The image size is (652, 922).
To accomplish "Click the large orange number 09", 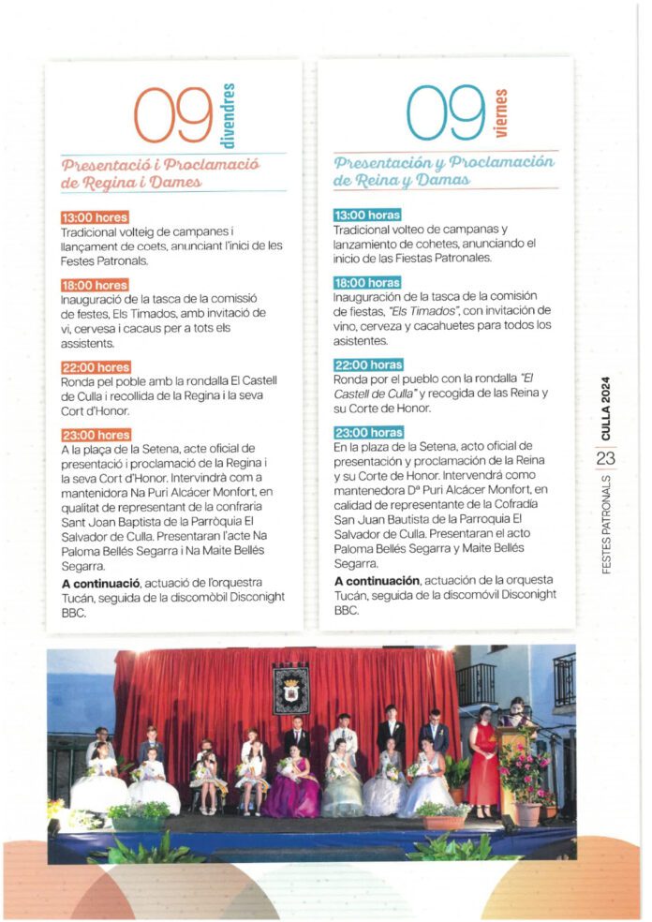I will pyautogui.click(x=173, y=114).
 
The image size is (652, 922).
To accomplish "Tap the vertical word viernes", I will pyautogui.click(x=500, y=113).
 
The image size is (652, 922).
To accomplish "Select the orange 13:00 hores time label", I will pyautogui.click(x=95, y=218).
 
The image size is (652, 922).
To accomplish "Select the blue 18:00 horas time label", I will pyautogui.click(x=367, y=282).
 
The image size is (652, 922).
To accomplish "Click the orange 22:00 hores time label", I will pyautogui.click(x=95, y=368).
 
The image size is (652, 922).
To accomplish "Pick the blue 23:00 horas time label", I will pyautogui.click(x=368, y=432).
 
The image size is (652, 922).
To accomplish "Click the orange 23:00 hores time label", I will pyautogui.click(x=95, y=435).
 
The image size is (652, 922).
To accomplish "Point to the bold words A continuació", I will pyautogui.click(x=100, y=584).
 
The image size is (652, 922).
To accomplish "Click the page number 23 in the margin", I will pyautogui.click(x=605, y=458).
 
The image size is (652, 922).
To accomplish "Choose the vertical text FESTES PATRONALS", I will pyautogui.click(x=606, y=521).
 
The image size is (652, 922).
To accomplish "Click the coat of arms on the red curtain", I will pyautogui.click(x=290, y=689).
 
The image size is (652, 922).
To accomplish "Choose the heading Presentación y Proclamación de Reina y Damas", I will pyautogui.click(x=444, y=171).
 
